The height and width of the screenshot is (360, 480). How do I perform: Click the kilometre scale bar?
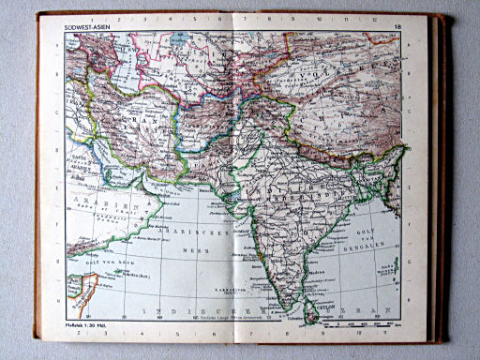[x=371, y=323]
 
